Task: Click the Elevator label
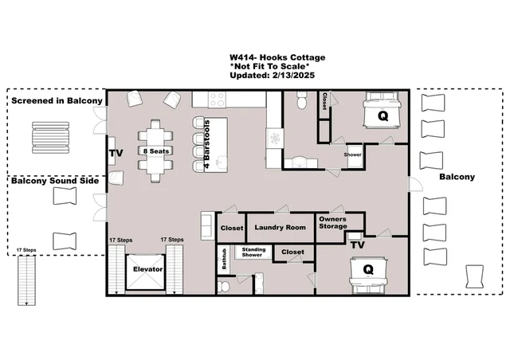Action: (147, 269)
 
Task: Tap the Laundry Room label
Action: (280, 227)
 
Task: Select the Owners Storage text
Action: (333, 222)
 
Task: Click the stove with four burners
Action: (217, 100)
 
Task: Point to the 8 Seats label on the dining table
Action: (156, 151)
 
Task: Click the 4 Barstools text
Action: (207, 144)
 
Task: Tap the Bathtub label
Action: (224, 259)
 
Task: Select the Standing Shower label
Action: (253, 252)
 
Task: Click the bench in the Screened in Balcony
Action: (50, 138)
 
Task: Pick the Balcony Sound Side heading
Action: (55, 181)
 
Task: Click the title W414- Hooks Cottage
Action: (277, 57)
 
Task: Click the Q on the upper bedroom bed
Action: (382, 115)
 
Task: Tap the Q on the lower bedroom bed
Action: (368, 269)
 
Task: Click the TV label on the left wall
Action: (116, 153)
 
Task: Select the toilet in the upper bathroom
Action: (301, 100)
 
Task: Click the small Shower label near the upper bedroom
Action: (352, 155)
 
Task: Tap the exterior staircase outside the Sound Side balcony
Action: (26, 280)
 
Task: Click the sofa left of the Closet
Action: (207, 225)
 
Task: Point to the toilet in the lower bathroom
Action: (223, 286)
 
